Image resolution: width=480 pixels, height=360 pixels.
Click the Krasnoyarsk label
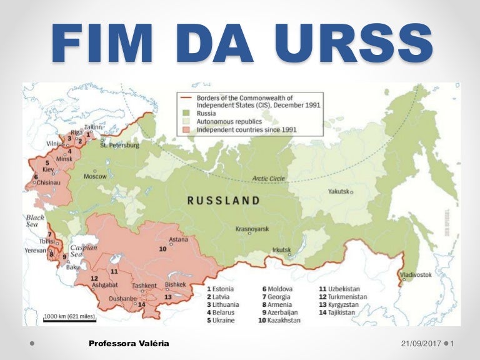coord(252,229)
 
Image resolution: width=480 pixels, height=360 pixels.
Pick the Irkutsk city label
coord(282,250)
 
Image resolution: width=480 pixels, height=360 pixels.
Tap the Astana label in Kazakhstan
coord(178,238)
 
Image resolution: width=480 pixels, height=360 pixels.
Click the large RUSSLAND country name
coord(223,201)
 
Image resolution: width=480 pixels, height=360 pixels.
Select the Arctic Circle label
coord(268,178)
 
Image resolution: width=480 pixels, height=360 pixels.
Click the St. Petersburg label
coord(119,145)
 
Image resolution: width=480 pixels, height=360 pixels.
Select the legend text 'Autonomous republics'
coord(230,122)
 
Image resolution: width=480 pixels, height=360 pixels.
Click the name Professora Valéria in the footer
coord(129,344)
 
